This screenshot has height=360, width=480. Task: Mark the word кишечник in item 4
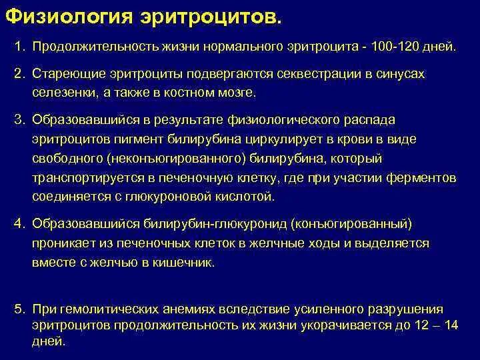click(187, 262)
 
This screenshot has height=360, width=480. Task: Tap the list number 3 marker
click(20, 119)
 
